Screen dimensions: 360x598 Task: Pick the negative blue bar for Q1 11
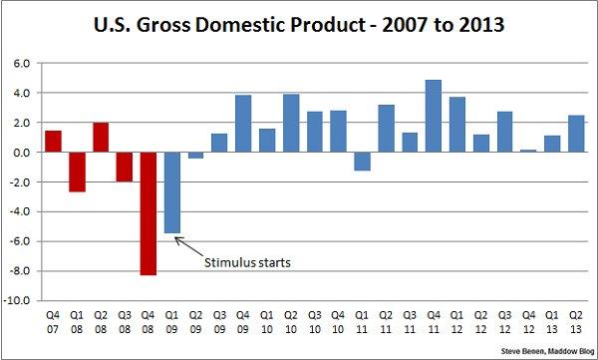click(x=362, y=161)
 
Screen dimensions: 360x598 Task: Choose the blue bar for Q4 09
click(x=242, y=124)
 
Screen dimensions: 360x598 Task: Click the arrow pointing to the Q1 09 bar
click(x=189, y=245)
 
